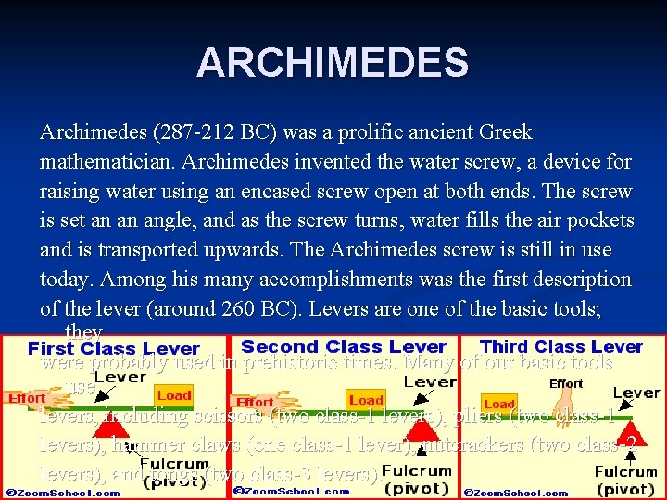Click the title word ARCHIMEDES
click(x=333, y=63)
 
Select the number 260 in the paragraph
click(x=265, y=308)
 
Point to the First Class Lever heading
click(x=114, y=349)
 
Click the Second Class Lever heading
click(x=344, y=346)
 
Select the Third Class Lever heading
click(x=561, y=346)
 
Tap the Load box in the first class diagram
click(x=173, y=395)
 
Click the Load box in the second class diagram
click(x=366, y=400)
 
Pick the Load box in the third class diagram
click(x=499, y=404)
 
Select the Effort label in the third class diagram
click(x=566, y=383)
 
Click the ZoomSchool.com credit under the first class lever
click(x=62, y=493)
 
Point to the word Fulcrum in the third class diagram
click(x=625, y=472)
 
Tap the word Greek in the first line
click(x=506, y=132)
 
